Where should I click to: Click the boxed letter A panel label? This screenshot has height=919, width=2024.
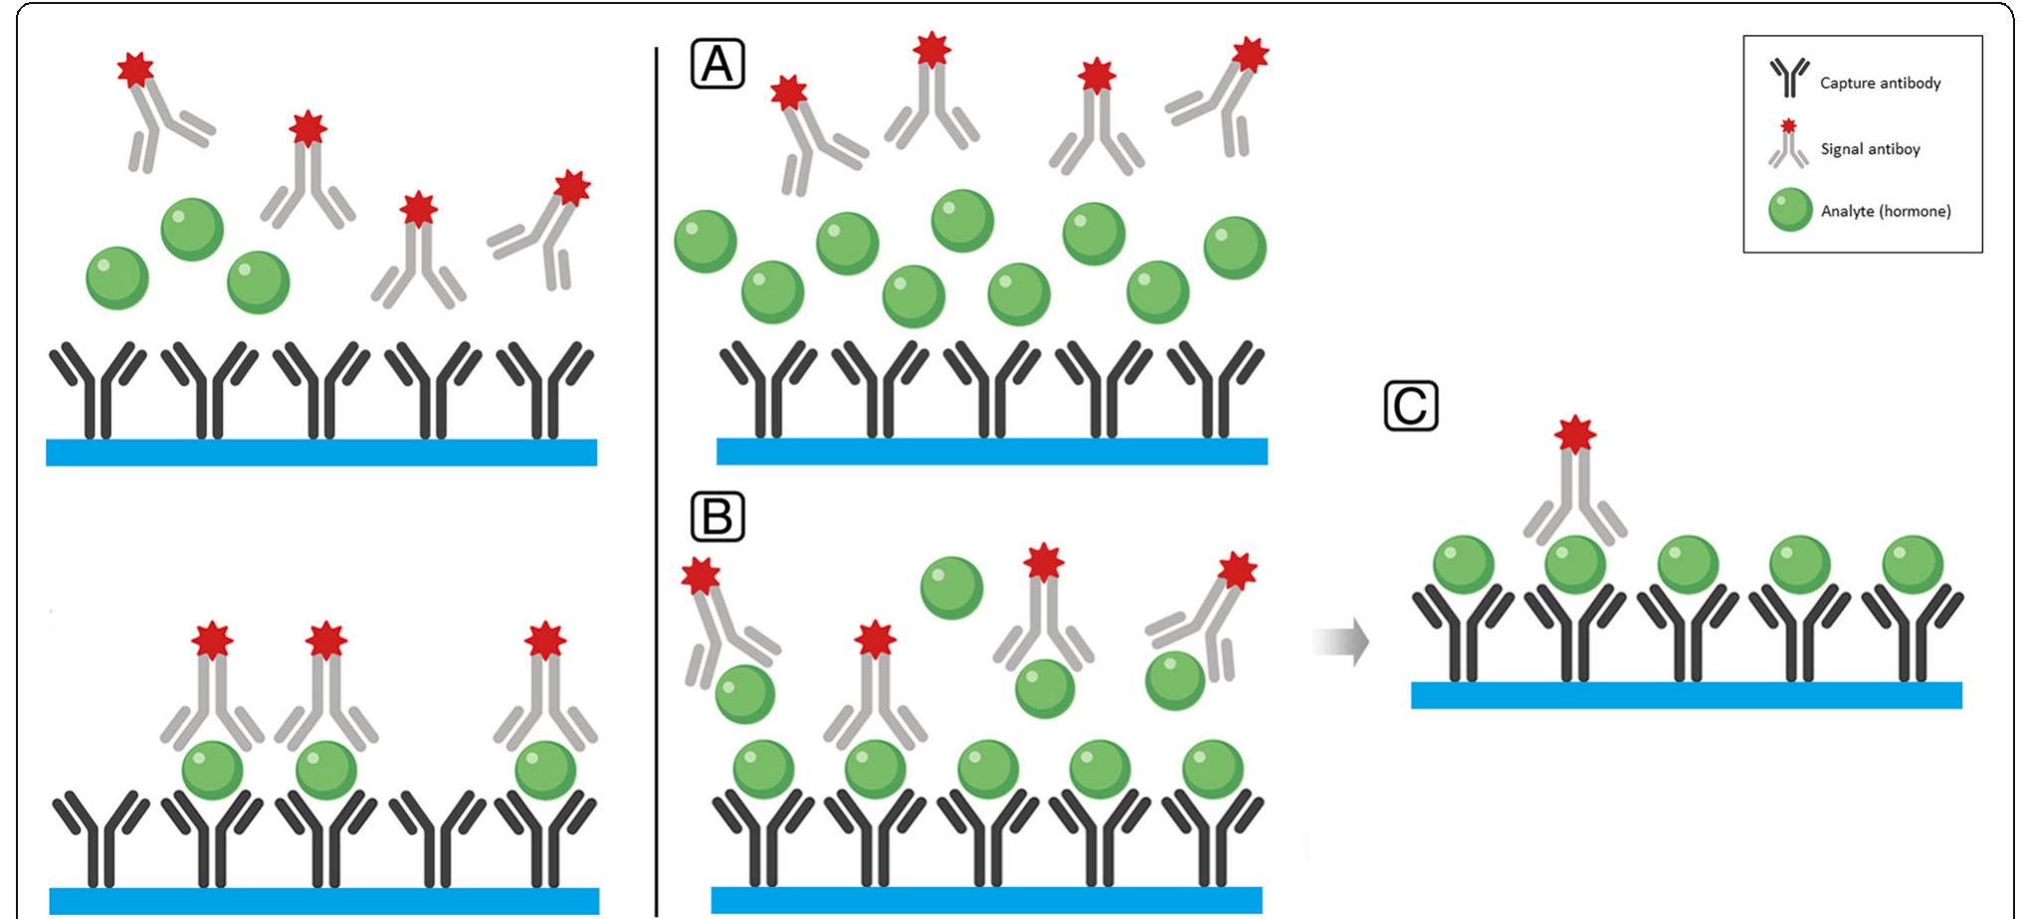coord(717,65)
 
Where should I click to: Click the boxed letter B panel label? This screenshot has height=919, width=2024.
coord(716,517)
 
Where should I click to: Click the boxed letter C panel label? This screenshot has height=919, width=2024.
coord(1411,406)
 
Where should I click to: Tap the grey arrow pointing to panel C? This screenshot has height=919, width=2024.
coord(1340,643)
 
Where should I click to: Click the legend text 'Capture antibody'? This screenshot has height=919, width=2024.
coord(1880,84)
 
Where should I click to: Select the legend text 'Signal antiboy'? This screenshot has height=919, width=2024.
coord(1870,149)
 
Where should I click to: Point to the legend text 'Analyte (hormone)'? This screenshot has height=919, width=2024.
coord(1885,211)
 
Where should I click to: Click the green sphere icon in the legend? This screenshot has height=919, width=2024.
coord(1790,211)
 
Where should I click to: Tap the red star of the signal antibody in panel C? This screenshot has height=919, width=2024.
coord(1575,434)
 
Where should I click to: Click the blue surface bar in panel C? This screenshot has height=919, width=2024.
coord(1686,694)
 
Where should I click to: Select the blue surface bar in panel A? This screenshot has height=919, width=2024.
coord(991,451)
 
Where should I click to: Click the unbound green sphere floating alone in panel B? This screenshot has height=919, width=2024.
coord(951,588)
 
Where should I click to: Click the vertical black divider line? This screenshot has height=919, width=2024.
coord(656,477)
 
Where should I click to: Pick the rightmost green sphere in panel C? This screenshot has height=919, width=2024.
coord(1913,564)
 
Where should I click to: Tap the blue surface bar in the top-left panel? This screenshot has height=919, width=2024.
coord(321,452)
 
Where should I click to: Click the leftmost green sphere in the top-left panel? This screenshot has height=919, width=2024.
coord(117,277)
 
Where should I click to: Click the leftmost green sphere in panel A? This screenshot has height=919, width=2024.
coord(706,241)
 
